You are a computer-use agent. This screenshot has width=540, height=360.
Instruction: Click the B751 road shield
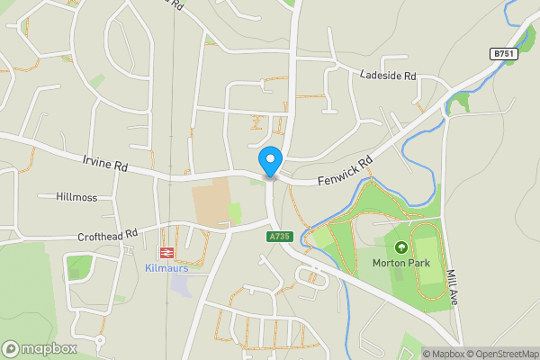point(503,55)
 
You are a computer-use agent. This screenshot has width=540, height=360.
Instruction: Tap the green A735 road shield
point(279,237)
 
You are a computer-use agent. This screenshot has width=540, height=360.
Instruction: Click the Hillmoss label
point(76,196)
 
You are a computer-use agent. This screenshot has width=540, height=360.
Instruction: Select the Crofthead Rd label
point(108,235)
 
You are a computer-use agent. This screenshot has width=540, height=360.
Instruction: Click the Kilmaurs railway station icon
point(166,253)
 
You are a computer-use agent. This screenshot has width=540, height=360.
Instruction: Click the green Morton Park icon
point(401,247)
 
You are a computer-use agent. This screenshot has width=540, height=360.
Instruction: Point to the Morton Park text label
point(401,263)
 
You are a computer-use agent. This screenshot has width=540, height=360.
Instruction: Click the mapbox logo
point(40,348)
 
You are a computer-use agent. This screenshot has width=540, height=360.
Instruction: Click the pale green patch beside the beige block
point(235,213)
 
